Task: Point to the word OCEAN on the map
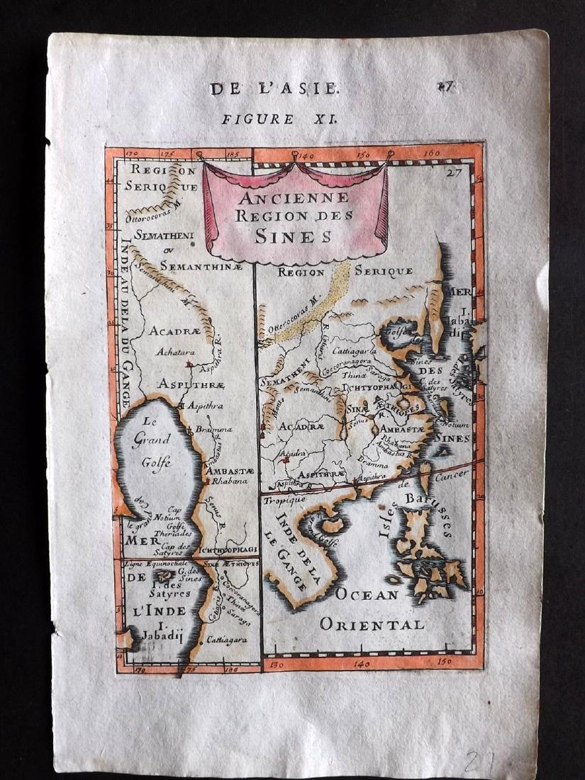click(x=367, y=595)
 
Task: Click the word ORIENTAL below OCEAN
click(x=372, y=625)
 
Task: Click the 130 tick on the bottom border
click(x=279, y=666)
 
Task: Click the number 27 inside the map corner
click(x=455, y=171)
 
